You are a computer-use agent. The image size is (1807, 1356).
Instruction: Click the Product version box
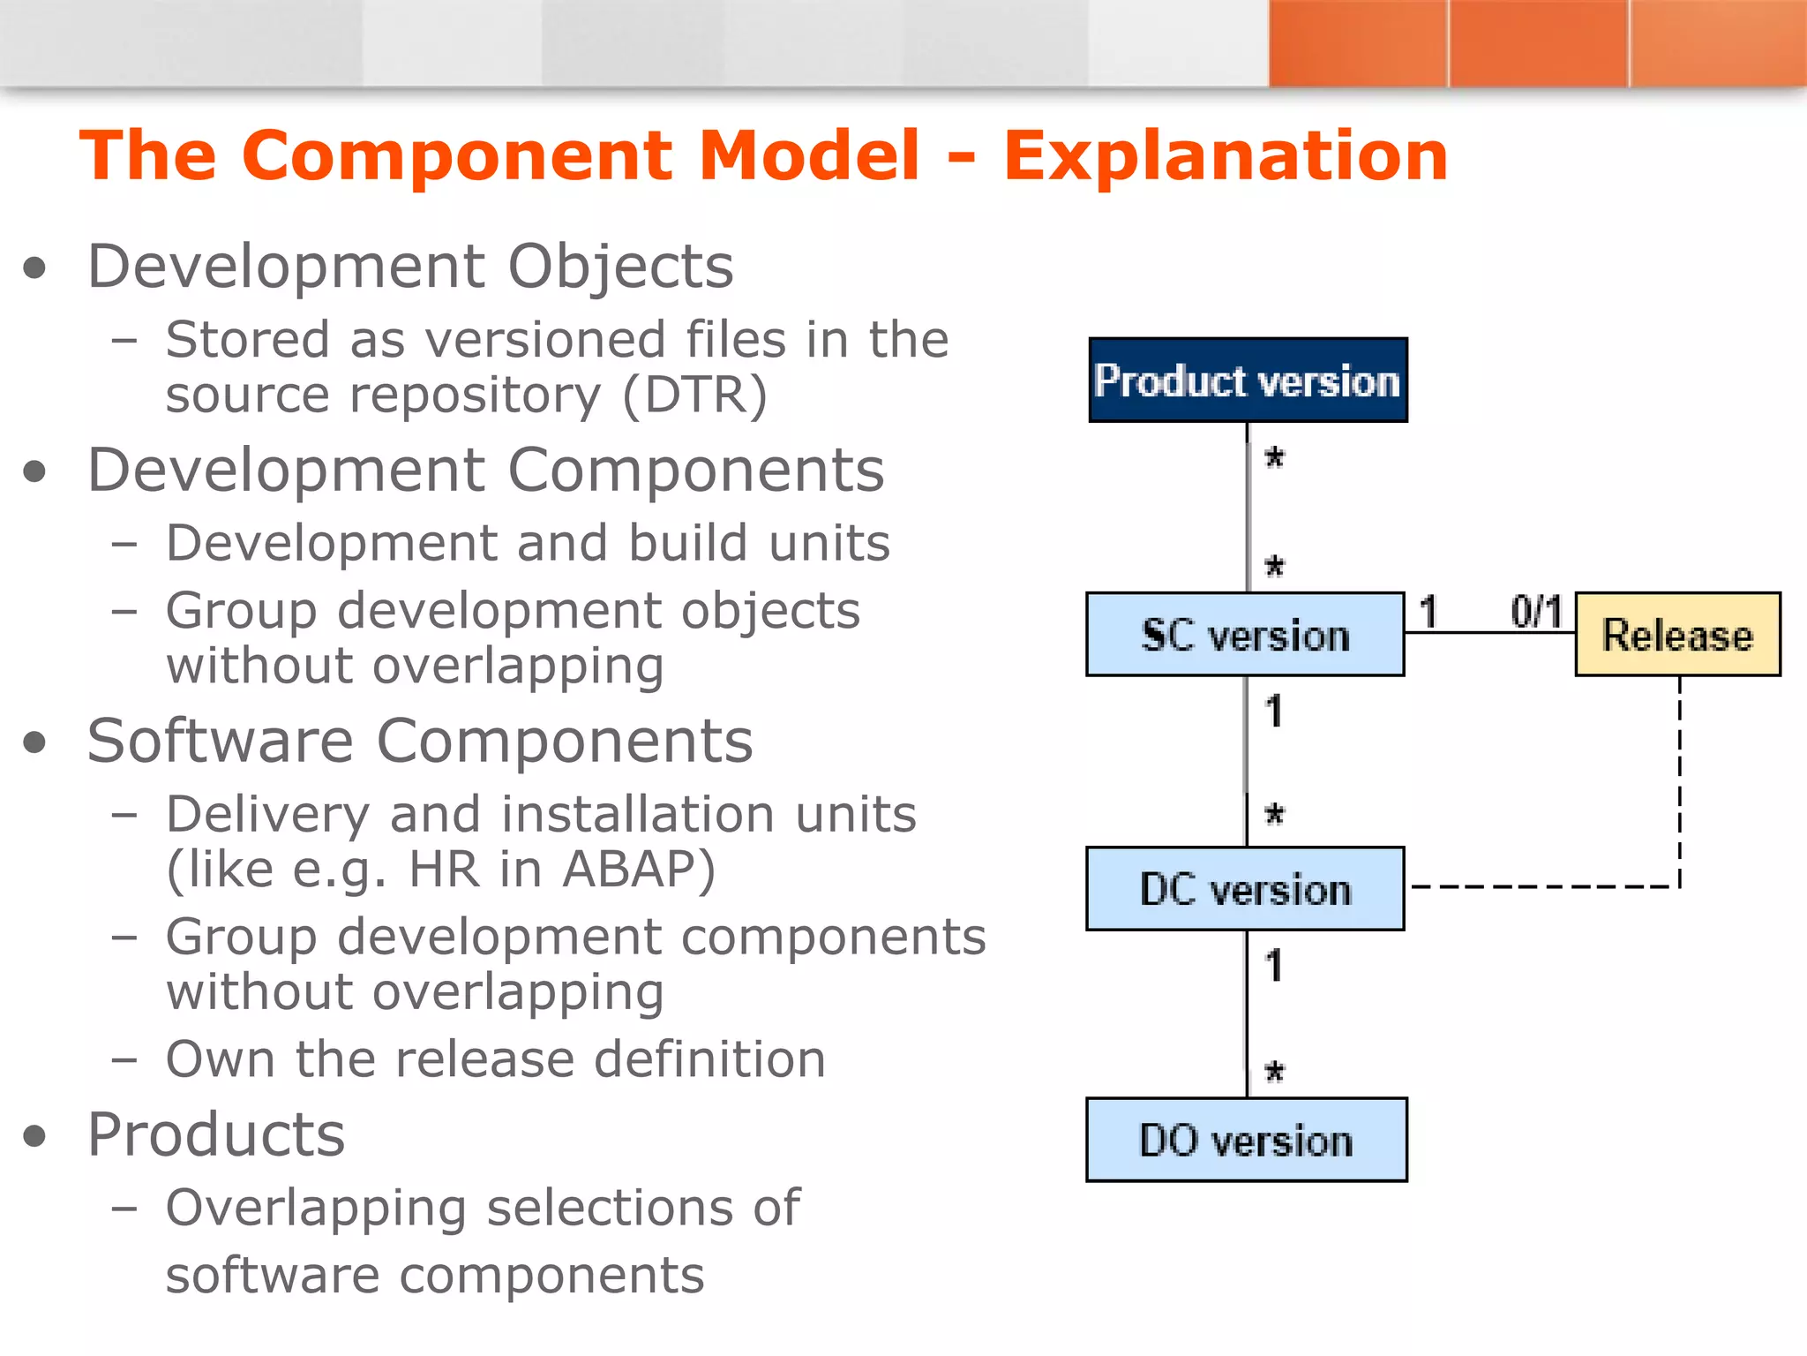pos(1248,380)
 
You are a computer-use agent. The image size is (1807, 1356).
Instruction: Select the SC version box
pos(1245,635)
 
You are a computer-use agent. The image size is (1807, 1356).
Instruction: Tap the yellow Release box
pos(1677,635)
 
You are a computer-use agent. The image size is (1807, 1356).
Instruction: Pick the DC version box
pos(1245,889)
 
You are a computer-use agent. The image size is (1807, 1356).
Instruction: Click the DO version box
pos(1246,1140)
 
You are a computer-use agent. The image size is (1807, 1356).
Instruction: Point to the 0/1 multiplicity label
pos(1536,612)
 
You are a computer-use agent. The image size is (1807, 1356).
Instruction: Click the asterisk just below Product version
pos(1274,458)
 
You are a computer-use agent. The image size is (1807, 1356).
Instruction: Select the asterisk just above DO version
pos(1274,1073)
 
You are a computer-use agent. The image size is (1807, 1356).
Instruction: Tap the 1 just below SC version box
pos(1273,712)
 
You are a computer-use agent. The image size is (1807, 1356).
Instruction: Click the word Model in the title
pos(809,156)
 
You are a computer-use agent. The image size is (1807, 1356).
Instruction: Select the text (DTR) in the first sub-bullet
pos(694,395)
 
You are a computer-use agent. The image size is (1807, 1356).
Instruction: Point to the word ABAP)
pos(639,869)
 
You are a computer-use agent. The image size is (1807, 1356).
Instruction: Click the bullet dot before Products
pos(34,1136)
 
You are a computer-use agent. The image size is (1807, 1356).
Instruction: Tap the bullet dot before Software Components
pos(34,742)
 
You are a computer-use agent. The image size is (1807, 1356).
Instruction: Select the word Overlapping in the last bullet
pos(316,1209)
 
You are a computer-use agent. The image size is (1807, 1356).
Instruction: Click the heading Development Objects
pos(410,266)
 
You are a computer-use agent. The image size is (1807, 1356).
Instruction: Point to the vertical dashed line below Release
pos(1679,777)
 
